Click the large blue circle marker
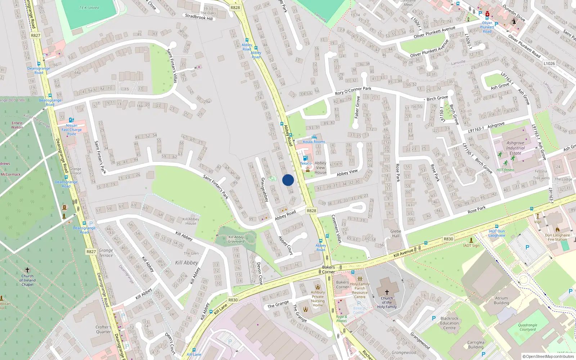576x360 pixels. tap(288, 180)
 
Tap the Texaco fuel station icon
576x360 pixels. tap(305, 158)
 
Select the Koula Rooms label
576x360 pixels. tap(314, 142)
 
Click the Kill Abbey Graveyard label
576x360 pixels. tap(236, 239)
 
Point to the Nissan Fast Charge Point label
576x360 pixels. tap(72, 130)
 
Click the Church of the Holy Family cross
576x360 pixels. tap(387, 292)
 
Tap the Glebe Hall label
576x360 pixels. tap(396, 234)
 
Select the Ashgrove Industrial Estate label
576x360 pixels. tap(515, 148)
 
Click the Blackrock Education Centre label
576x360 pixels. tap(449, 323)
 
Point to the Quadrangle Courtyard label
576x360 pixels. tap(527, 327)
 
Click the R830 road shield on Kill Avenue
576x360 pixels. tap(448, 239)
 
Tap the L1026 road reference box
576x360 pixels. tap(549, 63)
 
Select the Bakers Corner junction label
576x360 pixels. tap(328, 270)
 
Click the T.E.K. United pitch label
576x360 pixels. tap(89, 8)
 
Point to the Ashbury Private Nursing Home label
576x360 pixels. tap(318, 299)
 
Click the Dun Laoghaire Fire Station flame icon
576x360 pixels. tap(558, 229)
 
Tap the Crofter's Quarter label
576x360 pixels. tap(103, 329)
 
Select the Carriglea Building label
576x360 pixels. tap(476, 345)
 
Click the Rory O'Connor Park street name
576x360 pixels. tap(353, 91)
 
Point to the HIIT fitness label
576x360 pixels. tap(505, 170)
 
